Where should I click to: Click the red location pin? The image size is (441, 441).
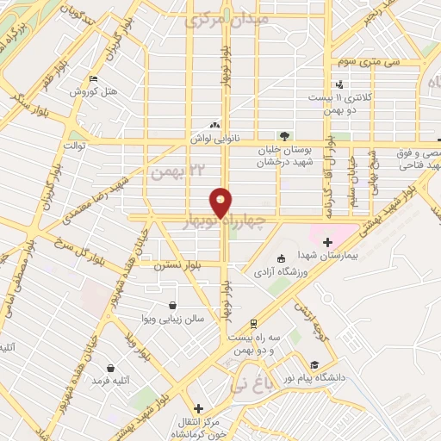click(221, 202)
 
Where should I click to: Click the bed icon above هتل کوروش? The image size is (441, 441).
click(93, 79)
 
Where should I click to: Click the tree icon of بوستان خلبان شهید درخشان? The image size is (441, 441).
click(283, 134)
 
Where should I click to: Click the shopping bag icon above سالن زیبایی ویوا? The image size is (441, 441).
click(173, 305)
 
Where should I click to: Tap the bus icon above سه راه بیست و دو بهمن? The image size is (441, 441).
click(252, 324)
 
